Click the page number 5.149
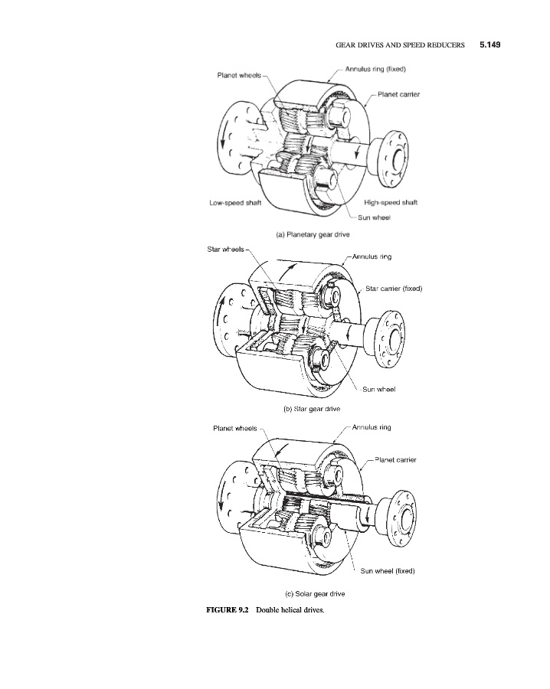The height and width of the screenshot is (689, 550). click(x=489, y=45)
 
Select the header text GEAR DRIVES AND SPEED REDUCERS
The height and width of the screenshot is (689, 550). click(x=400, y=45)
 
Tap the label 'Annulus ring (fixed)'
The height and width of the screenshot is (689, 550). click(x=375, y=69)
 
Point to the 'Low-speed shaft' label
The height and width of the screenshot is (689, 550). click(x=235, y=203)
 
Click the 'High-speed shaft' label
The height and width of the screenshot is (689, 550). click(x=391, y=202)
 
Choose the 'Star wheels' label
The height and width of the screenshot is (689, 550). click(x=225, y=249)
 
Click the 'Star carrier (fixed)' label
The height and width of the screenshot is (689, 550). click(x=394, y=289)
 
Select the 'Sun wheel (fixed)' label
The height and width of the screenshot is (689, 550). click(x=388, y=571)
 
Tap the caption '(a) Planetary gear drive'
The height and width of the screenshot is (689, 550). click(x=313, y=235)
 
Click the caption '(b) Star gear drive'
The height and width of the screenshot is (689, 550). click(x=312, y=409)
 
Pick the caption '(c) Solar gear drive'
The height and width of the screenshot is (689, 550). click(x=315, y=593)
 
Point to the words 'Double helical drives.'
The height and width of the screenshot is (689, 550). click(x=290, y=610)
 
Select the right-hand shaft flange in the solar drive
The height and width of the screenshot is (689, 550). click(x=400, y=515)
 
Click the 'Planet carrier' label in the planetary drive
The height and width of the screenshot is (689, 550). click(x=398, y=94)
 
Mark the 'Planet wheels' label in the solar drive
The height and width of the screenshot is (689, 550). click(x=234, y=429)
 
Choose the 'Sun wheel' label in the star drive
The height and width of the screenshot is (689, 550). click(x=378, y=389)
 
